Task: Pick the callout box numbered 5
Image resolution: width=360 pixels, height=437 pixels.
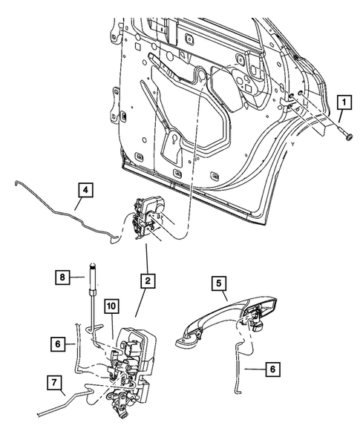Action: coord(220,283)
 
